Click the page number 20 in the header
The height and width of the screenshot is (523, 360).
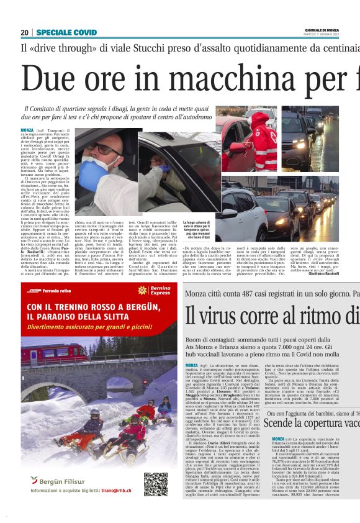(25, 32)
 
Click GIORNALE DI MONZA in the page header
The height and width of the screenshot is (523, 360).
(337, 30)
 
